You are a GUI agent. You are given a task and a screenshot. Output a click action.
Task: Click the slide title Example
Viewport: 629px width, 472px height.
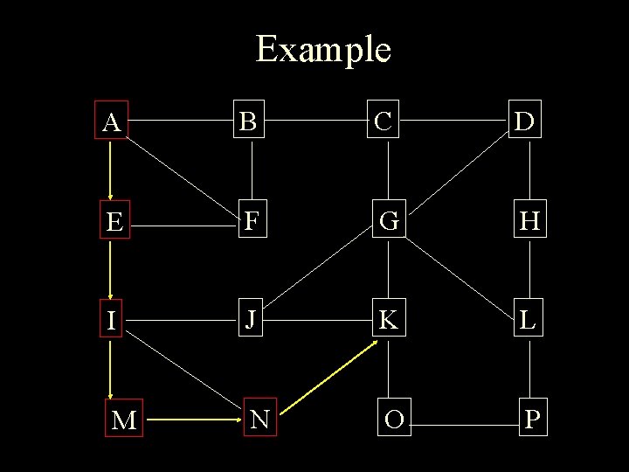(x=322, y=49)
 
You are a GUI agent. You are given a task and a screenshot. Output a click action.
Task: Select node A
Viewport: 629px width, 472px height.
(x=111, y=122)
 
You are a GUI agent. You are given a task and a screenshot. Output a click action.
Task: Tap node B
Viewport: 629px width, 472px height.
(x=249, y=122)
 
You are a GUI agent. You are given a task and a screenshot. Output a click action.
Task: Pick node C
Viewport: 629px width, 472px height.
(x=387, y=122)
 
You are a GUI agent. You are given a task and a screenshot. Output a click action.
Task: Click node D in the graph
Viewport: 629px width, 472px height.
(x=526, y=122)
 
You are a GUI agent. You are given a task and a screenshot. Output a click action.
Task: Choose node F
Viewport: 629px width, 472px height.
(x=251, y=222)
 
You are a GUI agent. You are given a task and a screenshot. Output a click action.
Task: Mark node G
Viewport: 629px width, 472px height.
(x=389, y=222)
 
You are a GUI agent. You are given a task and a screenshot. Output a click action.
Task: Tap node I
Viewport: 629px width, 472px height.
(x=111, y=321)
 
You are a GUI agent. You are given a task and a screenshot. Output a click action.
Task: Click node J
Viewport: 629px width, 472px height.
(x=250, y=320)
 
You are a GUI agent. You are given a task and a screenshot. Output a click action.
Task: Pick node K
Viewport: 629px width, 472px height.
(x=388, y=320)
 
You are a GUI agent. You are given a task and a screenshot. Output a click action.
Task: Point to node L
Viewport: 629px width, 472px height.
(x=526, y=320)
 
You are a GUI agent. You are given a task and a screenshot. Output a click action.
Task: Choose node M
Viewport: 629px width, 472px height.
(x=124, y=420)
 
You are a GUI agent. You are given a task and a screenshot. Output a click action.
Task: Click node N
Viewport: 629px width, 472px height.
(x=259, y=420)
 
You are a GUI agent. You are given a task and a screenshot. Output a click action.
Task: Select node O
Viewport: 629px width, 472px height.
(x=393, y=420)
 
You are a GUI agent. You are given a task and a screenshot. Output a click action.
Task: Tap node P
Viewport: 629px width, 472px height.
(x=531, y=420)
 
